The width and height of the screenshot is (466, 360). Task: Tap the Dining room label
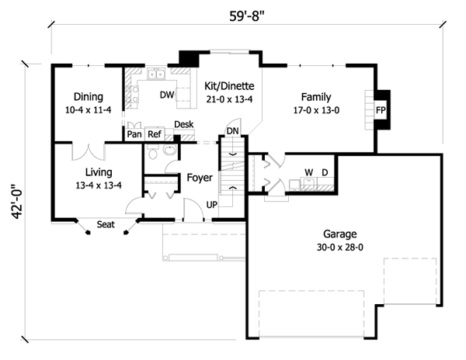pos(89,97)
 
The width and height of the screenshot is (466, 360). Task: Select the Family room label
pos(317,97)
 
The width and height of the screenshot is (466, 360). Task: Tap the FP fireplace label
pos(381,111)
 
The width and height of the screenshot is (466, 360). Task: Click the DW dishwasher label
pos(165,96)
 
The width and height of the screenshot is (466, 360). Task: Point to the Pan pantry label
pos(134,133)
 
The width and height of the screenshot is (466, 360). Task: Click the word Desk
pos(184,124)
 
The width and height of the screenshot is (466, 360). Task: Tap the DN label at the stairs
pos(232,130)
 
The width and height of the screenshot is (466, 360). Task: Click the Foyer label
pos(200,178)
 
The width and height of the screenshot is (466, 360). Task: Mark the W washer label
pos(308,171)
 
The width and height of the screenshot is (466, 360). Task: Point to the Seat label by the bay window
pos(107,226)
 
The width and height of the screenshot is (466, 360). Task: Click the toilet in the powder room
pos(155,156)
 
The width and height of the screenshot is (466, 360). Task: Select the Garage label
pos(339,234)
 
